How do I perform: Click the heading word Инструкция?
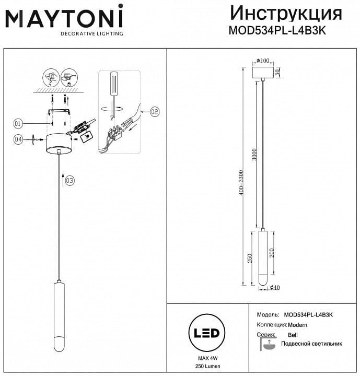286,14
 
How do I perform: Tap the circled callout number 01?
18,124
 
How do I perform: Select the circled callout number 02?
155,112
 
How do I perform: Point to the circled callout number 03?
69,180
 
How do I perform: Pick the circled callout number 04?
18,139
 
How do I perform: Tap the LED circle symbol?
206,333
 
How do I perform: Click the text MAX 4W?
208,358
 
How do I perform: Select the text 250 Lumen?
208,366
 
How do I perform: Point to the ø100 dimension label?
263,61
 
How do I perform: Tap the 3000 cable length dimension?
254,155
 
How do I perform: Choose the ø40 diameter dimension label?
275,287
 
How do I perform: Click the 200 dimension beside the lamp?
272,253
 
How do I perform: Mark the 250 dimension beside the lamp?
250,258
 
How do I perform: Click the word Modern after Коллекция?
297,325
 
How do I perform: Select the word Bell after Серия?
293,335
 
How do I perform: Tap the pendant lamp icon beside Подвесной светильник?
269,344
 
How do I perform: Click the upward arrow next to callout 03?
63,179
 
